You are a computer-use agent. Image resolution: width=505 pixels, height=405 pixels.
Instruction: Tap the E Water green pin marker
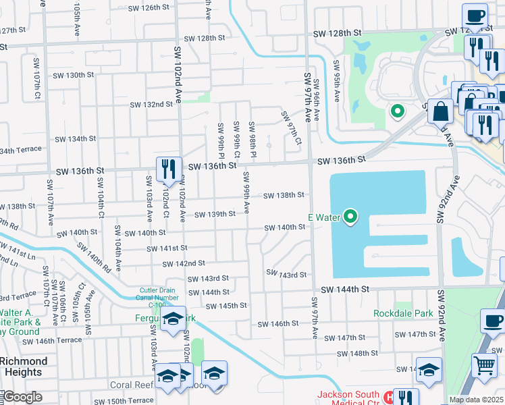pyautogui.click(x=350, y=217)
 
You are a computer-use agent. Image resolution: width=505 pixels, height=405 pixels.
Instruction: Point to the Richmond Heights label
pyautogui.click(x=23, y=367)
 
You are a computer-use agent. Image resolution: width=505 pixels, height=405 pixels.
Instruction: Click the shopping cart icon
pyautogui.click(x=484, y=366)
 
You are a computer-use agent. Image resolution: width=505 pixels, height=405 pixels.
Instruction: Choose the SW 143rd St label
pyautogui.click(x=207, y=278)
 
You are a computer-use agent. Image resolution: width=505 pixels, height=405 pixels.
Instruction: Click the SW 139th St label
pyautogui.click(x=215, y=215)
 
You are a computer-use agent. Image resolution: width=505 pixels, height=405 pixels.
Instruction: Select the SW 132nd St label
pyautogui.click(x=151, y=105)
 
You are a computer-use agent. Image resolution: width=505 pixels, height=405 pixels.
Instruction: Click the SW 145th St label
pyautogui.click(x=226, y=306)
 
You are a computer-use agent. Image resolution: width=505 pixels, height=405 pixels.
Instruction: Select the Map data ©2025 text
pyautogui.click(x=476, y=400)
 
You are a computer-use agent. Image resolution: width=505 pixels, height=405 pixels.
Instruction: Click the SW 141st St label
pyautogui.click(x=167, y=248)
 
